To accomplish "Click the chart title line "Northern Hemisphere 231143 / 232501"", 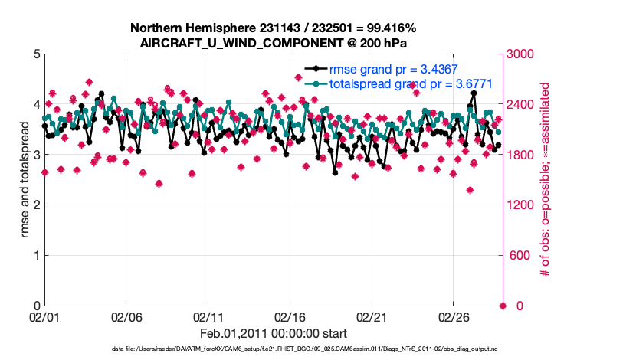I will (274, 28).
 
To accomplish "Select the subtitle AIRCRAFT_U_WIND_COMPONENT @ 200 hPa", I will (274, 43).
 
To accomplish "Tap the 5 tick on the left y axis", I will (36, 54).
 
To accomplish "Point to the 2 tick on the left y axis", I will (36, 205).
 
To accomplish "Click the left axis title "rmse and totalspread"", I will (25, 180).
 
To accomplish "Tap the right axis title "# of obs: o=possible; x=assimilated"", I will (546, 180).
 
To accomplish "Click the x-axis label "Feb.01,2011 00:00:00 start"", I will (274, 333).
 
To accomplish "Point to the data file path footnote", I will (304, 349).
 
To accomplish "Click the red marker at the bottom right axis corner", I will (503, 306).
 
